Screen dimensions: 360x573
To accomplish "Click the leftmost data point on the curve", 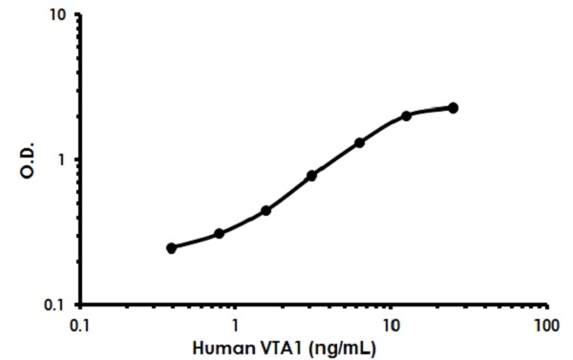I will tap(171, 248).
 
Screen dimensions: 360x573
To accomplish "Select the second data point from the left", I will tap(219, 233).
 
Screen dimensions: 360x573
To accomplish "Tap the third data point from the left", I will tap(265, 210).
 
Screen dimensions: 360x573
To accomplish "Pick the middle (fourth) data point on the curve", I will tap(312, 176).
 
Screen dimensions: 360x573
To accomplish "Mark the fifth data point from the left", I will tap(359, 142).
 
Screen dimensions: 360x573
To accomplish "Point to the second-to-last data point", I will tap(406, 116).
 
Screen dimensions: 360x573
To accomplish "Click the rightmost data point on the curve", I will tap(453, 108).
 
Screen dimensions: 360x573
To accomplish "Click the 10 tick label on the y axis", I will tap(57, 16).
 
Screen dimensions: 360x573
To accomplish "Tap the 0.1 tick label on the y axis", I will tap(54, 305).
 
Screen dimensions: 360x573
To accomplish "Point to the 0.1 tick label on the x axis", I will tap(80, 325).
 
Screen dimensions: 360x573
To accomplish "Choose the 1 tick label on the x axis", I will tap(235, 325).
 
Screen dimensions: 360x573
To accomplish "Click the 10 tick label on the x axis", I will tap(391, 325).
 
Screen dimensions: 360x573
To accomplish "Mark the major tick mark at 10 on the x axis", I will tap(391, 307).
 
